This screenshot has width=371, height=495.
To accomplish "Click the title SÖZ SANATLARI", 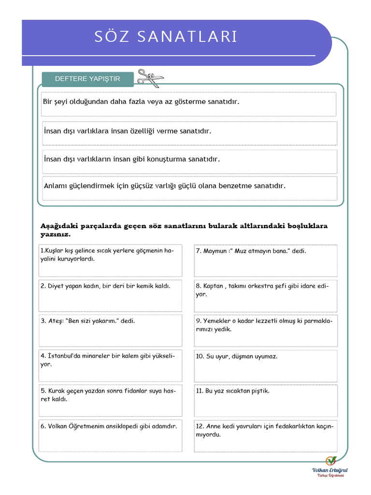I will (x=166, y=37).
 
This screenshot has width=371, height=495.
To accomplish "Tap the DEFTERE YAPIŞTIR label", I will (x=87, y=79).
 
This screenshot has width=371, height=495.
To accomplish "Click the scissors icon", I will (x=150, y=78).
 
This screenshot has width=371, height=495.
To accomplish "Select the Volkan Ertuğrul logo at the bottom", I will (x=330, y=466).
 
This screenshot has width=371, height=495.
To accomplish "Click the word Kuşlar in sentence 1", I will (x=51, y=251).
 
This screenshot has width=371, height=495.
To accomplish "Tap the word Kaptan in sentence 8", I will (x=213, y=286).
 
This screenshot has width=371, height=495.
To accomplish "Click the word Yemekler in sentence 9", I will (x=216, y=320).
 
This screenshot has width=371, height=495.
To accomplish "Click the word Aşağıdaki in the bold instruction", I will (x=57, y=226).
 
